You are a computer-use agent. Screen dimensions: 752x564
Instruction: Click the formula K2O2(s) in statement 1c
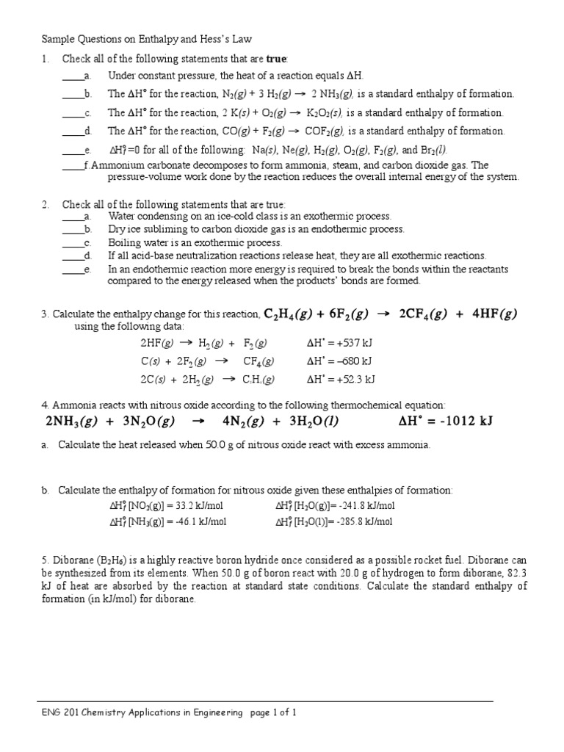point(325,113)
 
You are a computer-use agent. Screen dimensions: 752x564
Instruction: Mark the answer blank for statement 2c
point(72,242)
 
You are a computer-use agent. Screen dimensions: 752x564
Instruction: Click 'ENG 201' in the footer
point(57,712)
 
